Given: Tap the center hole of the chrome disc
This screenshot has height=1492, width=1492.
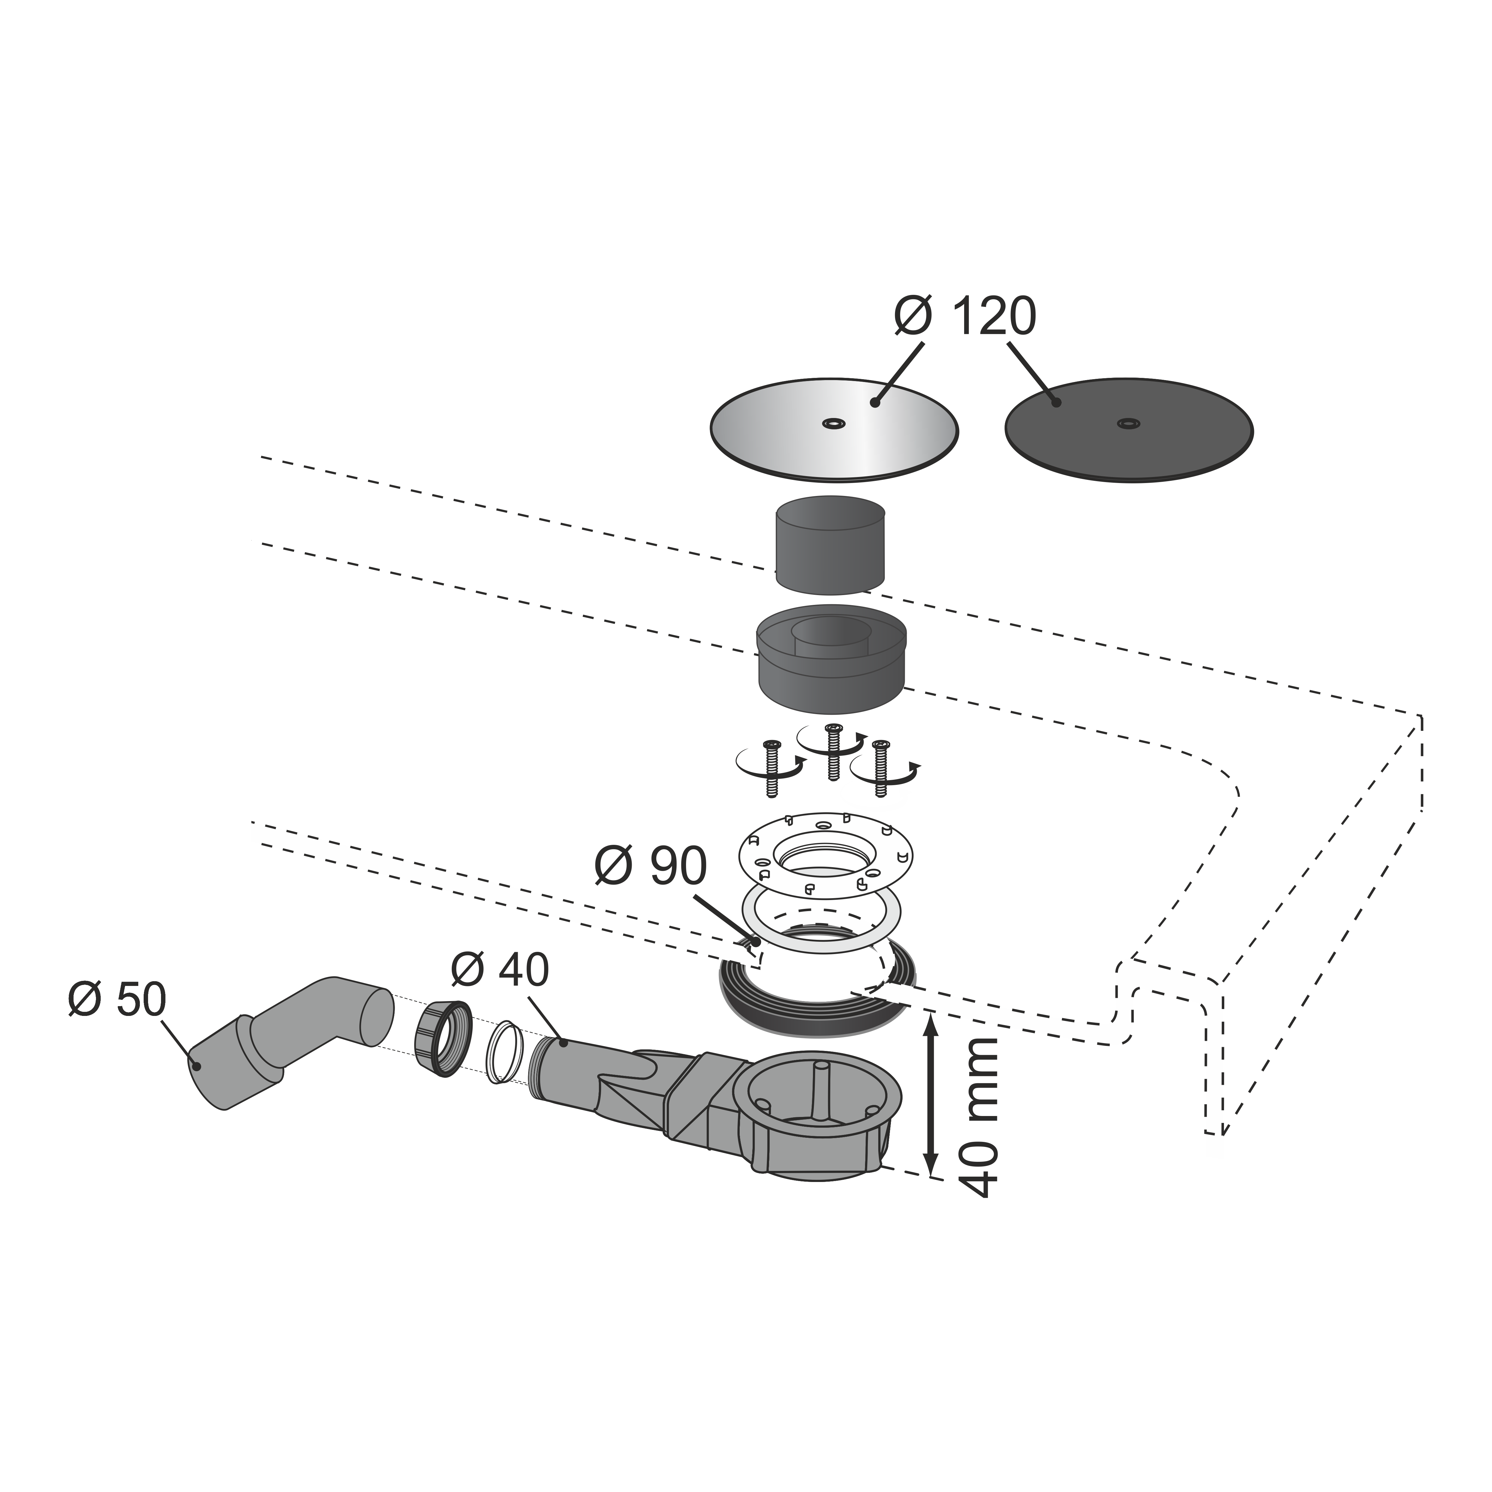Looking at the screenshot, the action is [833, 423].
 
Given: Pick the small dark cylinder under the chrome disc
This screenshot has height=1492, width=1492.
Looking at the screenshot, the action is [830, 545].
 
